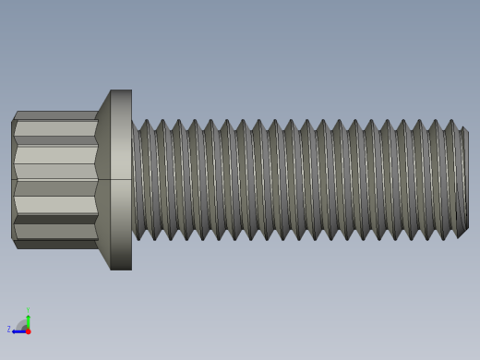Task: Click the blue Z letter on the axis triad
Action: coord(9,329)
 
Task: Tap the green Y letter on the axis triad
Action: coord(28,310)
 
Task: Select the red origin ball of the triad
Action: coord(28,330)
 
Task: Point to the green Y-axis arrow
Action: coord(28,319)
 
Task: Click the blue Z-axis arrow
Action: coord(18,330)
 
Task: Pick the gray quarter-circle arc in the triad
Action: coord(22,324)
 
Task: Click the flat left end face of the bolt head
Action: coord(12,180)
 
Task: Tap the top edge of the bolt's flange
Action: coord(121,90)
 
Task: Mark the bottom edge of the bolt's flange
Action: coord(121,269)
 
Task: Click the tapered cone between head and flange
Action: coord(103,180)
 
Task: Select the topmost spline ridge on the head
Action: coord(55,115)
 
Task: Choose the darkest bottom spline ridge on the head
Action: coord(55,244)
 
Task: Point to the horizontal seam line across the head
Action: coord(55,179)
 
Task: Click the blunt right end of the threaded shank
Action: coord(465,180)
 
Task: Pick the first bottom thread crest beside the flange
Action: coord(139,238)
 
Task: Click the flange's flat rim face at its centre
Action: coord(121,180)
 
